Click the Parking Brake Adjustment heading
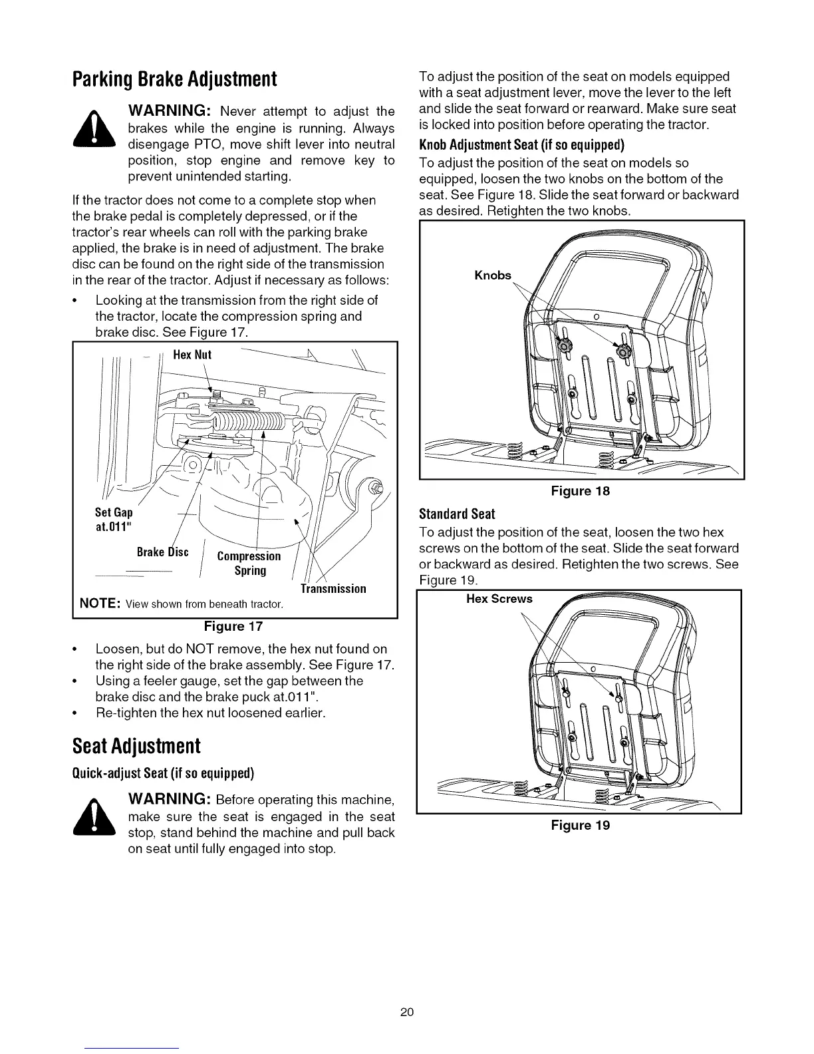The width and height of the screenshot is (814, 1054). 174,80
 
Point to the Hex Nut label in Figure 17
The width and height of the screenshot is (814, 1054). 192,355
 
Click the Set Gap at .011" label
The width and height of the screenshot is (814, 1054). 114,520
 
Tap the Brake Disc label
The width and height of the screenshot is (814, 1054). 163,552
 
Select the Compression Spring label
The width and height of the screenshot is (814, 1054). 249,564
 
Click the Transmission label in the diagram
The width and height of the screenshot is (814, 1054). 333,589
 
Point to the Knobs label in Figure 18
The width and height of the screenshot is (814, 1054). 493,275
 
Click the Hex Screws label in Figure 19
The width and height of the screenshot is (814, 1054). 499,599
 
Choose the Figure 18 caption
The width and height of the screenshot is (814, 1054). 581,491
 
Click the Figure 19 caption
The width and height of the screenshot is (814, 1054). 581,826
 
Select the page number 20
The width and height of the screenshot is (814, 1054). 407,1013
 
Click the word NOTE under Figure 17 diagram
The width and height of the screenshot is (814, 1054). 100,604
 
